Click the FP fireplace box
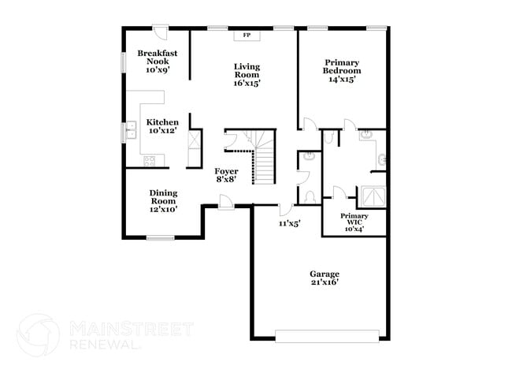[x=247, y=35]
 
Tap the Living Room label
[x=247, y=74]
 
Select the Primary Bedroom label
[x=341, y=70]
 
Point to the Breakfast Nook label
[x=158, y=62]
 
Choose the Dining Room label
[x=163, y=201]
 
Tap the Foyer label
[x=227, y=175]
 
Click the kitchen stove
[x=150, y=161]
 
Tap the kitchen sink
[x=128, y=131]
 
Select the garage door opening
[x=331, y=337]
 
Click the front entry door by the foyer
[x=226, y=202]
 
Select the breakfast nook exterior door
[x=161, y=32]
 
